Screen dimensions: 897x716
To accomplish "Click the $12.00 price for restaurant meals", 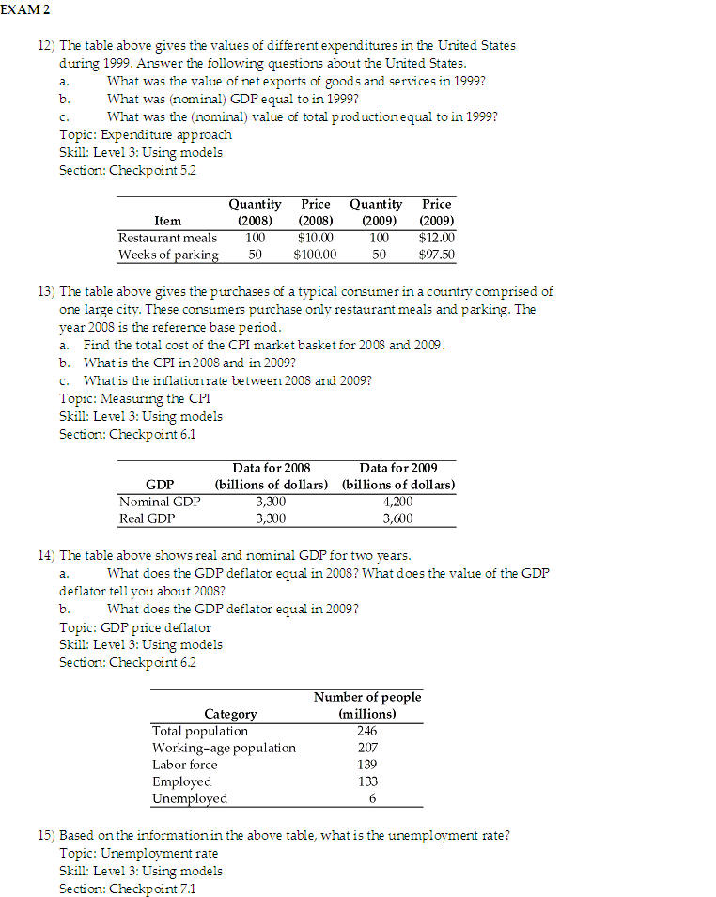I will (x=436, y=238).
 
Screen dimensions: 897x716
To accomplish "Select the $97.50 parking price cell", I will (x=436, y=255).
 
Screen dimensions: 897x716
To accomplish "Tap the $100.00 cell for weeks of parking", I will (x=315, y=255).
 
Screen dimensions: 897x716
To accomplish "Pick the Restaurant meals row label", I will (x=167, y=238).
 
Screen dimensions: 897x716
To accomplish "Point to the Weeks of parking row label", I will (x=168, y=255).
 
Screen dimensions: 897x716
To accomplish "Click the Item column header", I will (x=167, y=221).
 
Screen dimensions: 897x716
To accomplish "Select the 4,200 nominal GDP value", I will (x=397, y=502).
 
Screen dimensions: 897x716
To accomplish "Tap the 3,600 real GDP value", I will (x=397, y=518).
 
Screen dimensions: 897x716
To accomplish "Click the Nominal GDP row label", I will (x=160, y=502).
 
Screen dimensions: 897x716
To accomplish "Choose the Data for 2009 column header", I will (x=397, y=468).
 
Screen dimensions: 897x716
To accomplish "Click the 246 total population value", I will (x=367, y=731).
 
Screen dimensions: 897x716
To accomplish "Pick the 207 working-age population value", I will (x=367, y=748).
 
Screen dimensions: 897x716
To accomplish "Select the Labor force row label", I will (x=184, y=765).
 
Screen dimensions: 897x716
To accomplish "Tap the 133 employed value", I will (x=367, y=781).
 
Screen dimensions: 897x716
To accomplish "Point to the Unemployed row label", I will (x=190, y=798).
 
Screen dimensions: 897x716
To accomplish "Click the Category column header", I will (x=230, y=714).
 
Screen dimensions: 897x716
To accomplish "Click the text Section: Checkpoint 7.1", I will (x=128, y=888).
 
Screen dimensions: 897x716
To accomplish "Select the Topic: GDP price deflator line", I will (x=134, y=627).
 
